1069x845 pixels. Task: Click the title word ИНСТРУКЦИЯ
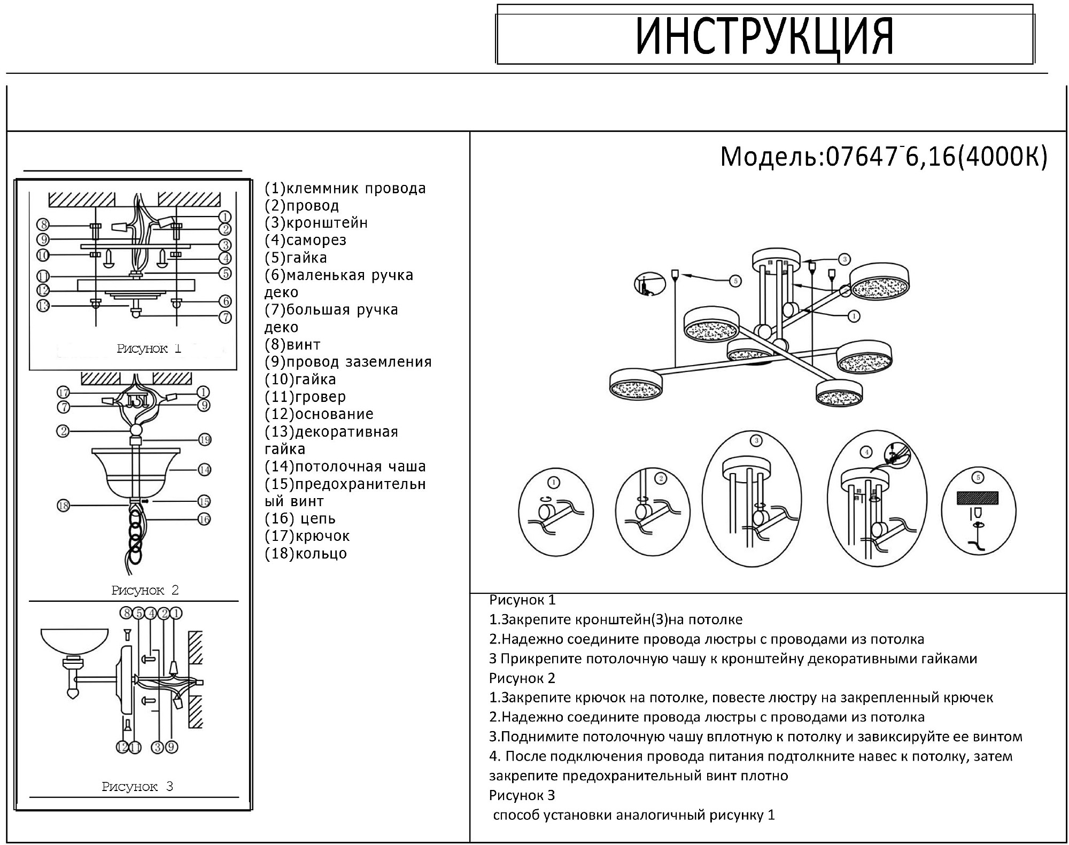pos(764,36)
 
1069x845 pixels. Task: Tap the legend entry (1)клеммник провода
pos(345,189)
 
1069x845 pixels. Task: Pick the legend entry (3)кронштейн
pos(316,223)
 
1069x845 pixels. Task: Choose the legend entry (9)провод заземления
pos(348,362)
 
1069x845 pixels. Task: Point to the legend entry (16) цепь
pos(300,518)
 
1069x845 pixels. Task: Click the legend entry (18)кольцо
pos(306,553)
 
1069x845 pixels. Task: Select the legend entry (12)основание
pos(319,414)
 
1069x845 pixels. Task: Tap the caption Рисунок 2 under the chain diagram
pos(145,590)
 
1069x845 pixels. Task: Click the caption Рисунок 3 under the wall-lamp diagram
pos(137,786)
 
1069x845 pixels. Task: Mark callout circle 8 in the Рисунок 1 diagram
pos(43,224)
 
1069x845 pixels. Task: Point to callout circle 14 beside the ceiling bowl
pos(204,470)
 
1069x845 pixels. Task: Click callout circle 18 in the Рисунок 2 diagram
pos(63,506)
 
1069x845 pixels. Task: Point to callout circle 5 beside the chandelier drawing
pos(735,280)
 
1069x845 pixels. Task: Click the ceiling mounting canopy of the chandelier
pos(777,260)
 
